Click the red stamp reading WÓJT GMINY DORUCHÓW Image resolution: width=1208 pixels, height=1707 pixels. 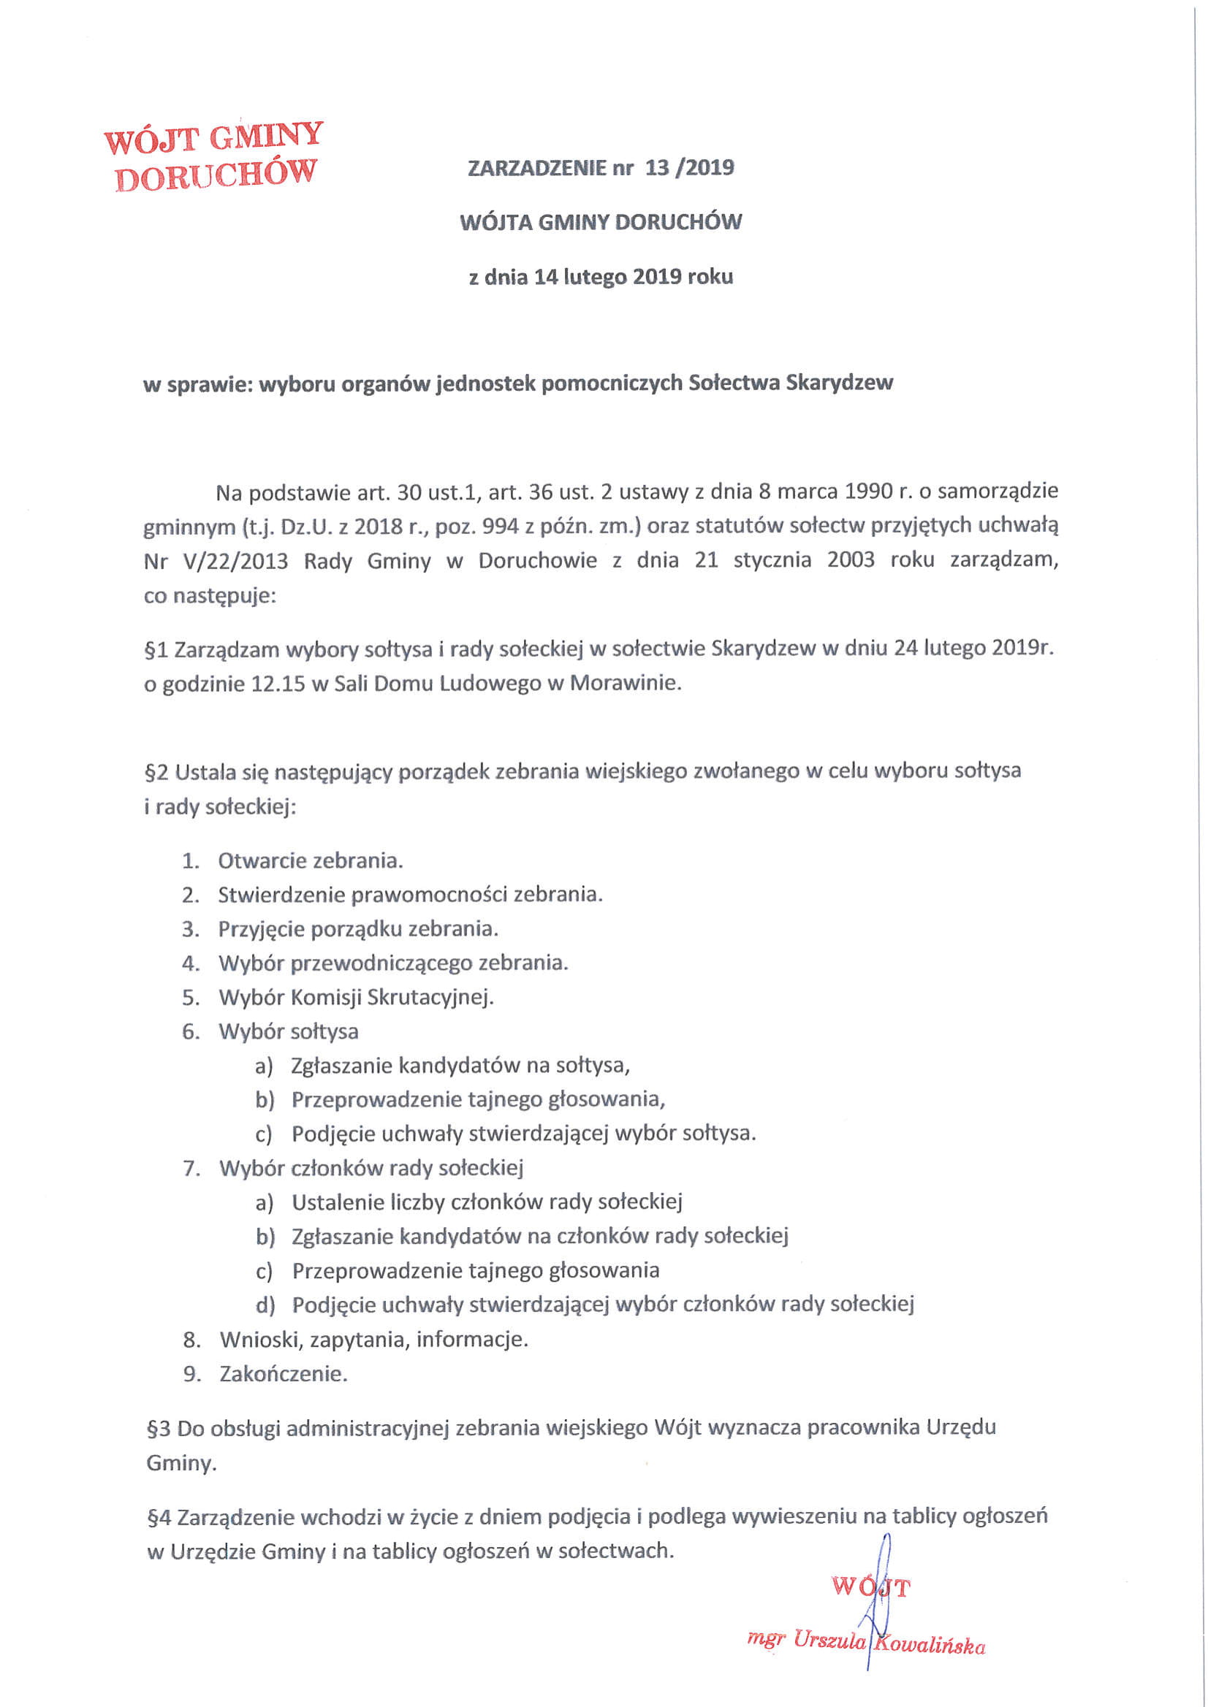tap(213, 157)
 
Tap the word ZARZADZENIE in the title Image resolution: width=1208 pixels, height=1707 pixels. tap(537, 168)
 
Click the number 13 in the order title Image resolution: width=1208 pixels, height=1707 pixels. tap(657, 167)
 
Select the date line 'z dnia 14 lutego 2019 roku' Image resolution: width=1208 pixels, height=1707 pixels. tap(601, 278)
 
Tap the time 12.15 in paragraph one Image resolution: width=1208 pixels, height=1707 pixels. tap(278, 683)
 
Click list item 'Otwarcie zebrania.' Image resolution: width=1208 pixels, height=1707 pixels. tap(310, 861)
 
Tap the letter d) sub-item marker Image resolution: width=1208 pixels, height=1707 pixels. tap(265, 1305)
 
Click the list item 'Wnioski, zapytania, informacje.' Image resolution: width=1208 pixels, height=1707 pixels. tap(373, 1340)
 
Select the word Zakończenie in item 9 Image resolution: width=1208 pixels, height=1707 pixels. tap(284, 1374)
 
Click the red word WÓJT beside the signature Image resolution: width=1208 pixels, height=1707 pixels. tap(870, 1588)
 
